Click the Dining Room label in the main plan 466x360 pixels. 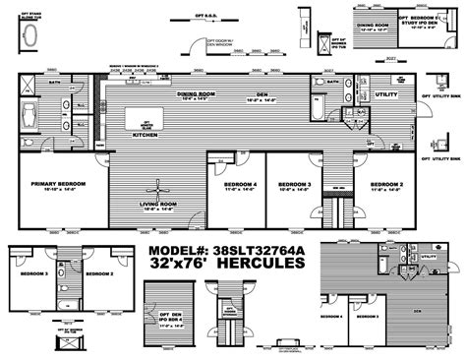[192, 94]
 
